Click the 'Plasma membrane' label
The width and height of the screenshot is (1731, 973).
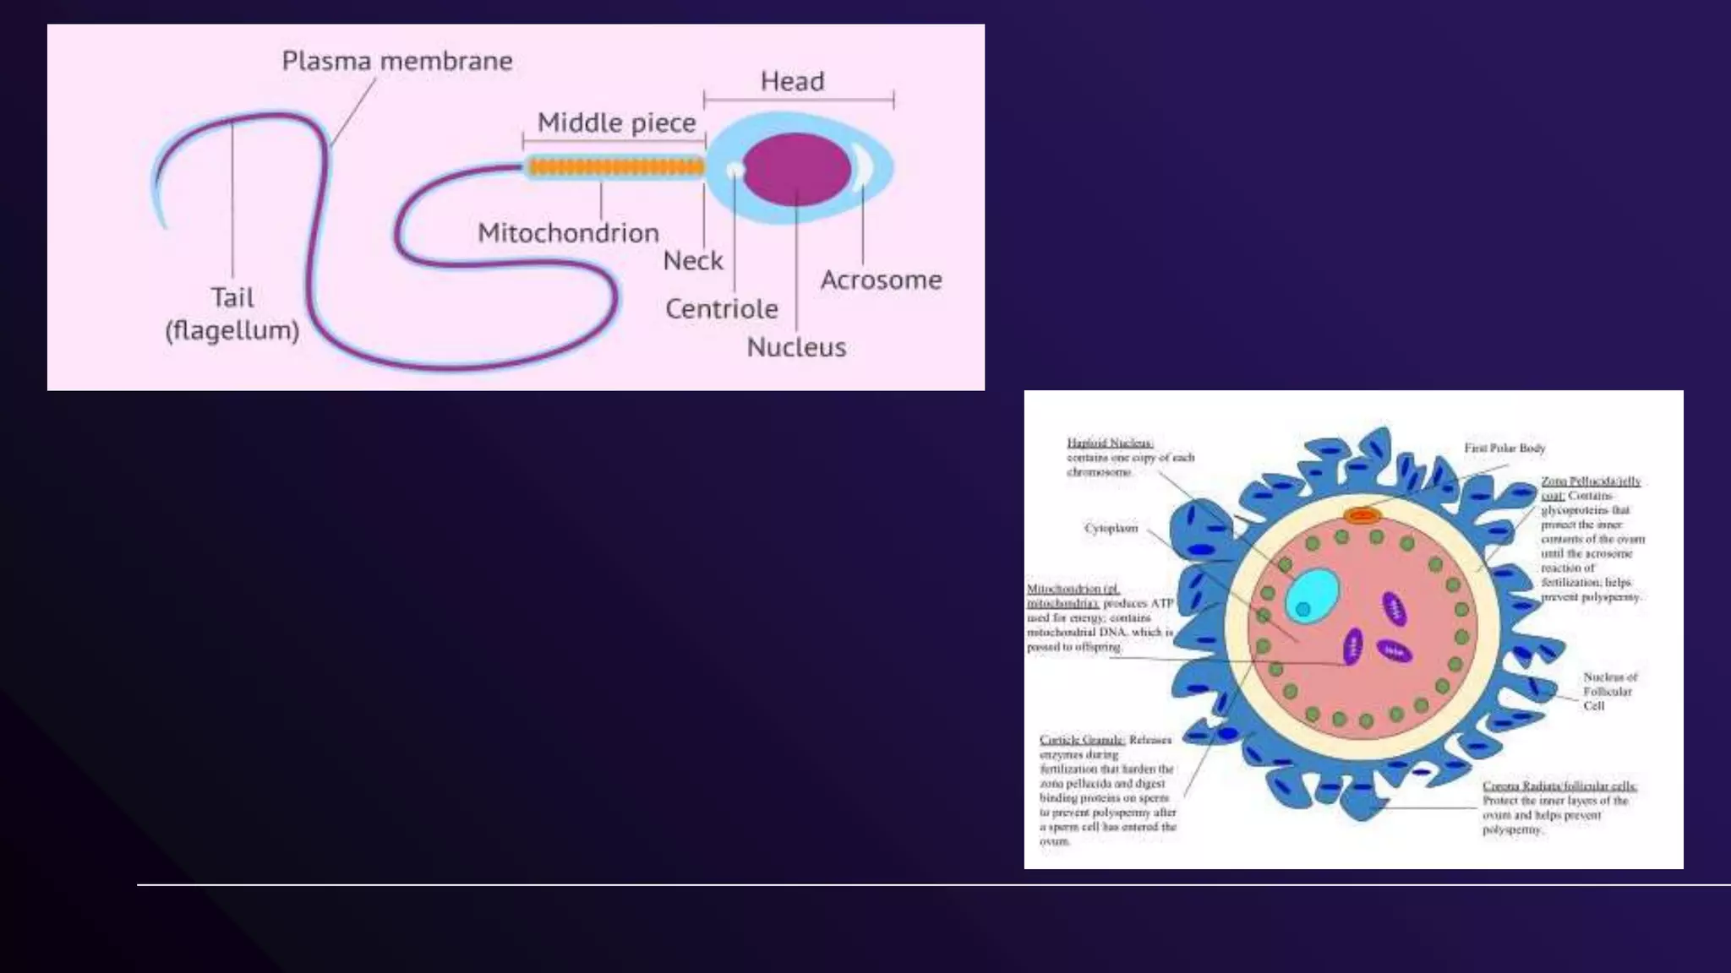[397, 62]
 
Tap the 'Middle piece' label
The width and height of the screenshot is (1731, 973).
[616, 123]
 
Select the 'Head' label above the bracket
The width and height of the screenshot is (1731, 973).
[792, 82]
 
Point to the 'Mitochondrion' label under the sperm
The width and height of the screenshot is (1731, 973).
[568, 233]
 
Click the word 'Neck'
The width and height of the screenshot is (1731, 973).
[693, 261]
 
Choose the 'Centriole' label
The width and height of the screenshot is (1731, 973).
[721, 309]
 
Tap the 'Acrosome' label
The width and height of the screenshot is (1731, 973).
[881, 280]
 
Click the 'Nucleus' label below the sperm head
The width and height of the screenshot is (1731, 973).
[796, 347]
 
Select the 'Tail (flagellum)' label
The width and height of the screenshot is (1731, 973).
[232, 313]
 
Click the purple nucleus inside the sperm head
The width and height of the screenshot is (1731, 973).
[796, 169]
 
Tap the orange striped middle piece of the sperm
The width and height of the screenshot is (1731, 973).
[615, 167]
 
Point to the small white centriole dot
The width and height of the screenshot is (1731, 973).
[735, 170]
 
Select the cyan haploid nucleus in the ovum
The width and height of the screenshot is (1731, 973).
[1313, 596]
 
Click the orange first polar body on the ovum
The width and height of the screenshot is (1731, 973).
[1362, 514]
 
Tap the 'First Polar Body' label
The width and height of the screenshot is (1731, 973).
[1504, 448]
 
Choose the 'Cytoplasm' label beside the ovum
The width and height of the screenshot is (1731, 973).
[1111, 529]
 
